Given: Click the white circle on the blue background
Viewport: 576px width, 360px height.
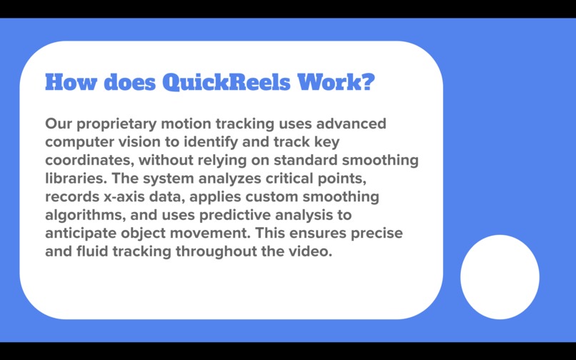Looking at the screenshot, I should (x=500, y=276).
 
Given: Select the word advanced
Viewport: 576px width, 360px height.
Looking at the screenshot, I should (x=351, y=124).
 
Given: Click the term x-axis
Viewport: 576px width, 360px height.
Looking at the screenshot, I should (x=130, y=196).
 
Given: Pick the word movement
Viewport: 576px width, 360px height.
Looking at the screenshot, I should (x=212, y=233).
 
